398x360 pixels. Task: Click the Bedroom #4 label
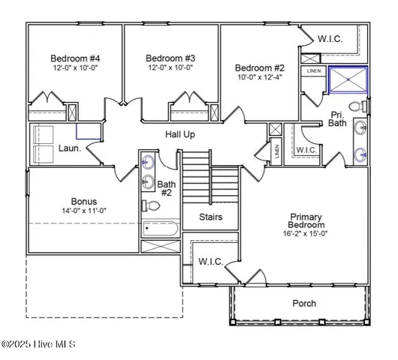point(74,58)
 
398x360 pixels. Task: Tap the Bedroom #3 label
point(170,58)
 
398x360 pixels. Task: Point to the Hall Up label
point(180,134)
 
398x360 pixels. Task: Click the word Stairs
point(210,217)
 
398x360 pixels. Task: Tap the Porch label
point(303,304)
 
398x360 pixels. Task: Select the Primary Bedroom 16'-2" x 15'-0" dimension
point(307,234)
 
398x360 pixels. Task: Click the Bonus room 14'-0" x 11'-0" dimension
point(84,211)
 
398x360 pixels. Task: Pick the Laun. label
point(70,148)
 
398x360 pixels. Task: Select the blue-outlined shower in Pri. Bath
point(348,79)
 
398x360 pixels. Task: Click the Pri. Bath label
point(337,118)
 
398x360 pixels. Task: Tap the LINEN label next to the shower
point(313,71)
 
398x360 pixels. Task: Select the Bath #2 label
point(167,188)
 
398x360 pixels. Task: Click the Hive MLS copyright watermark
point(38,344)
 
